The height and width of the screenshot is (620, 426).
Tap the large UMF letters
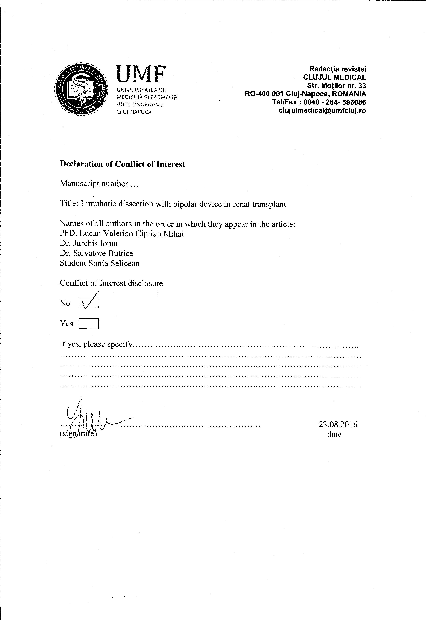point(141,74)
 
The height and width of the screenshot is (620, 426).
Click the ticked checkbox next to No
point(89,303)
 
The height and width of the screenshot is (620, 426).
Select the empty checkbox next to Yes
point(89,324)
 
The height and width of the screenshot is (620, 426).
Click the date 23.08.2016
point(338,424)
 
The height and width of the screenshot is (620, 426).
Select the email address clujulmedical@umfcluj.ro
point(322,110)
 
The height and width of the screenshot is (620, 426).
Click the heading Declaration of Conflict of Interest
point(122,164)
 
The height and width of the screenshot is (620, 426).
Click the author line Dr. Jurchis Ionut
point(89,243)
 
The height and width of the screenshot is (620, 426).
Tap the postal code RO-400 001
point(264,94)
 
